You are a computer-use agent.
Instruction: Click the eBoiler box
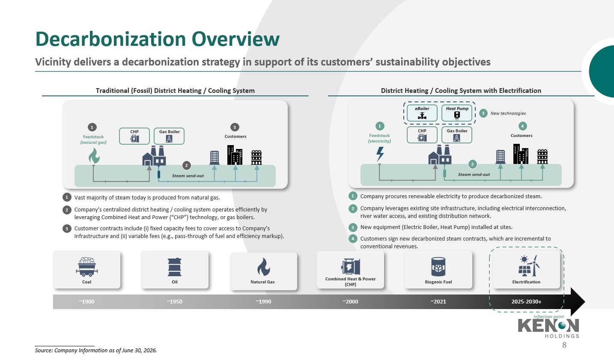pos(422,113)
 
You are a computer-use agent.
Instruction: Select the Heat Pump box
pos(457,113)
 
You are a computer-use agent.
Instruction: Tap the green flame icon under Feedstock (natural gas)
pos(94,156)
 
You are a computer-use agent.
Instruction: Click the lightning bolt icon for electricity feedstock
pos(380,154)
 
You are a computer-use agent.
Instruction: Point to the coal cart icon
pos(86,266)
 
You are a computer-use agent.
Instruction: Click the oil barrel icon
pos(175,267)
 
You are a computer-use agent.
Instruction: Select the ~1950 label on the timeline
pos(174,302)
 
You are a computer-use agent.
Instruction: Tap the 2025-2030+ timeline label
pos(526,302)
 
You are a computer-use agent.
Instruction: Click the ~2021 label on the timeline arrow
pos(438,302)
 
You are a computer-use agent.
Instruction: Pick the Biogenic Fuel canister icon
pos(438,267)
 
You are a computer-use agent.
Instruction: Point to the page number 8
pos(564,345)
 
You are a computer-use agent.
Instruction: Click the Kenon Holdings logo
pos(548,328)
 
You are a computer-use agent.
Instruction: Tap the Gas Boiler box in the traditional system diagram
pos(169,136)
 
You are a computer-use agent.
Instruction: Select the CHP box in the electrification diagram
pos(422,135)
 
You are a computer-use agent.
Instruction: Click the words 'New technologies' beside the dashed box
pos(508,113)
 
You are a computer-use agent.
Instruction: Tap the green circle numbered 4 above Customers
pos(522,126)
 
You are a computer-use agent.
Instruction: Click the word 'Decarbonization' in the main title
pos(111,39)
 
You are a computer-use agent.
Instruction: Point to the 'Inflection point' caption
pos(548,316)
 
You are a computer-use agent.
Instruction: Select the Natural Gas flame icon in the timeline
pos(263,267)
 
